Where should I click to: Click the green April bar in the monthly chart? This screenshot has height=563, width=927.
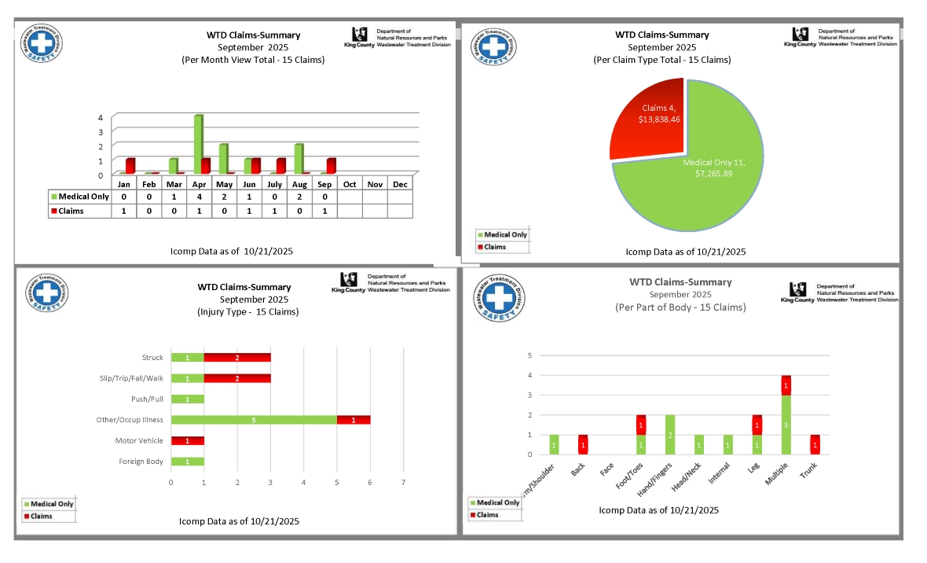198,144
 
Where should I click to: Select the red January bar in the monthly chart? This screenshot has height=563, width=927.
130,165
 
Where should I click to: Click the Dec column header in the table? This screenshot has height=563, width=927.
400,184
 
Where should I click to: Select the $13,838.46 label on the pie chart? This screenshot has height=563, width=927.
660,119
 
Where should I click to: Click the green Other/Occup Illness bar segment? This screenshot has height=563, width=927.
254,420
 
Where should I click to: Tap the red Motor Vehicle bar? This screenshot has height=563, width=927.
188,440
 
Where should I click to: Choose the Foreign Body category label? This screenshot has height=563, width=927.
141,462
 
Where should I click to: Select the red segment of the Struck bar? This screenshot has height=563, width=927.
237,358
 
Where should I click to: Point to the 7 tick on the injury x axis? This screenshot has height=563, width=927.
403,481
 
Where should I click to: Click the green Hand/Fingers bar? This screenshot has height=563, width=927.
670,434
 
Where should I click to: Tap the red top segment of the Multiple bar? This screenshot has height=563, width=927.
786,385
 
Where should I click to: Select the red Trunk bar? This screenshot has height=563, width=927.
815,444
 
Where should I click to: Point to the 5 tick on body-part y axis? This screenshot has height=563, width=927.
529,355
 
